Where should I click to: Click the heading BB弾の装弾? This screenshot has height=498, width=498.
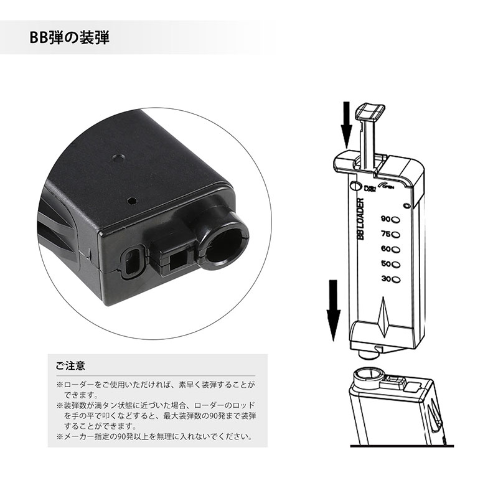[69, 38]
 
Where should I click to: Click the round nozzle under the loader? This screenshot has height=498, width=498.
[370, 354]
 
